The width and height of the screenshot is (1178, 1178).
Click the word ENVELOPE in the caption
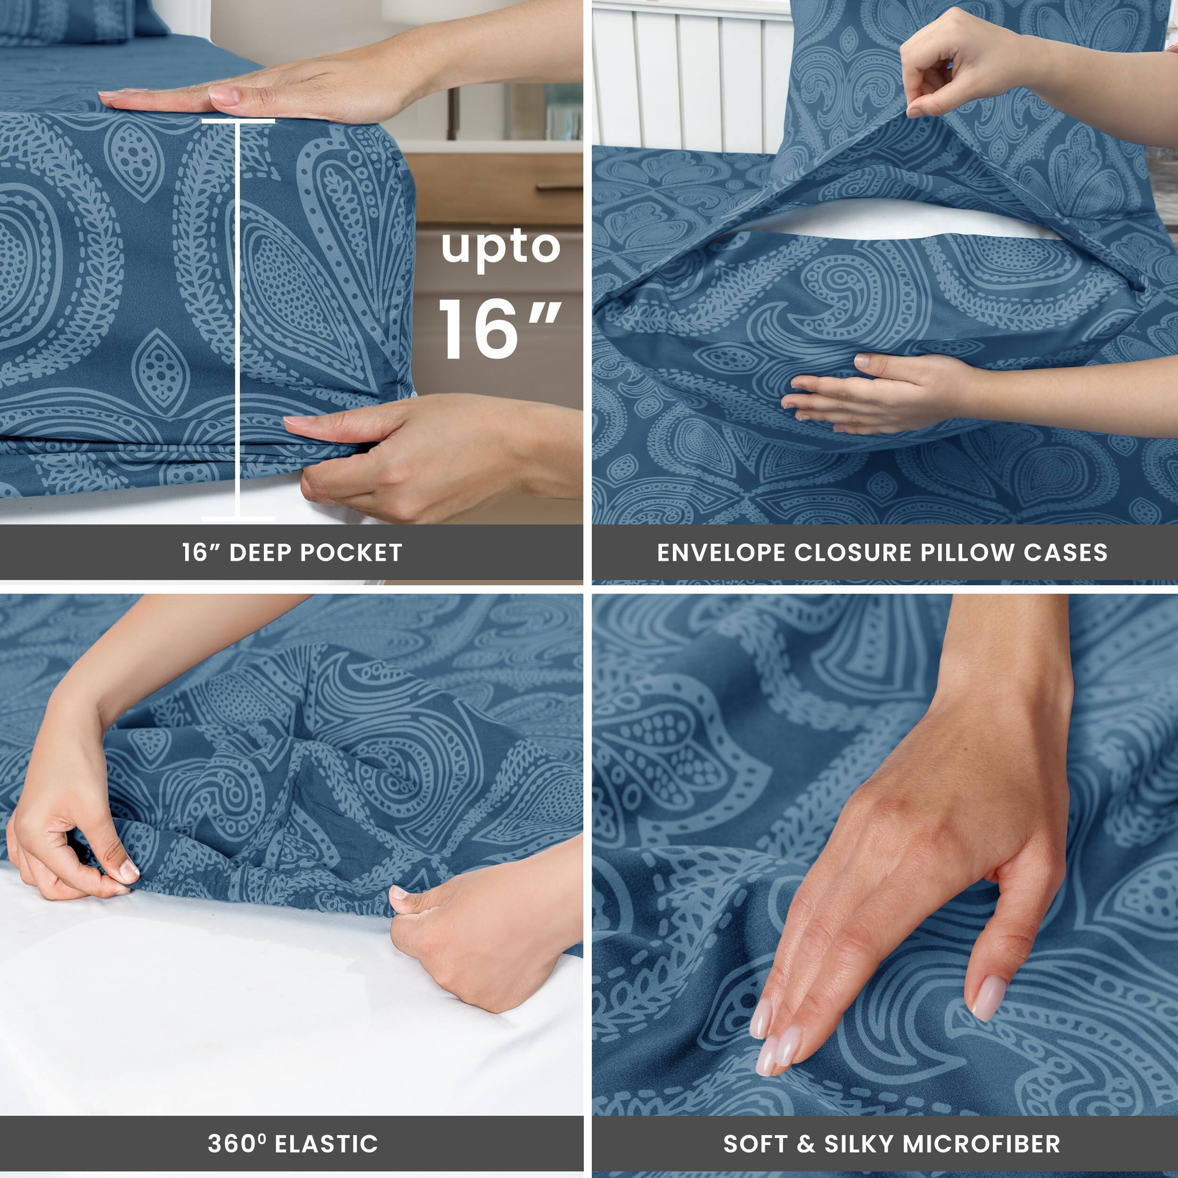[x=721, y=552]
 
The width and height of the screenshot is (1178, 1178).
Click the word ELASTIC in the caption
[x=327, y=1144]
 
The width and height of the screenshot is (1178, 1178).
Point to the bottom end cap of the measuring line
[x=238, y=519]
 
